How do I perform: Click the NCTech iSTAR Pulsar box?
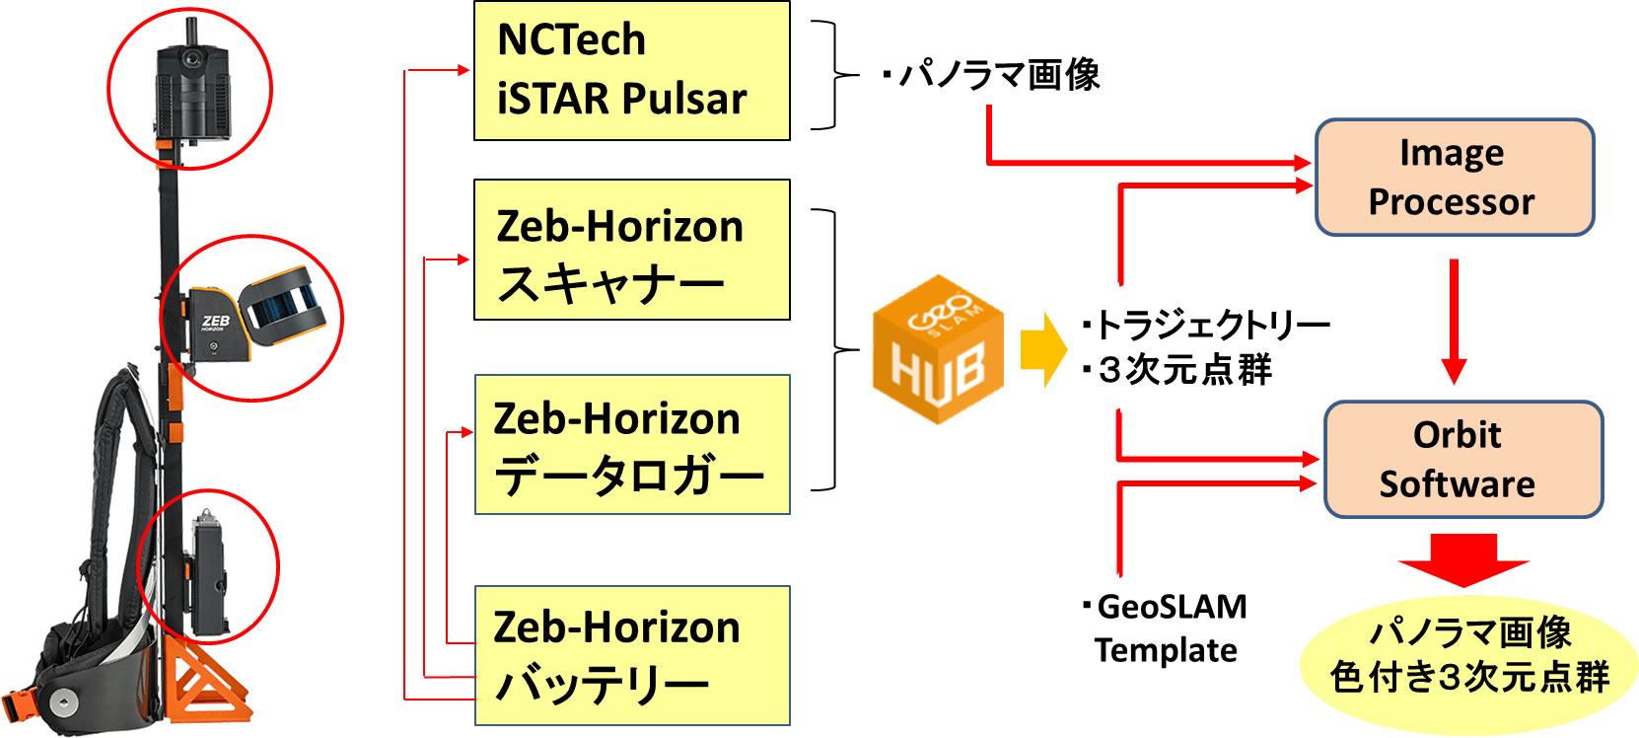coord(631,71)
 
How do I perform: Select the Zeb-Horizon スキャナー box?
coord(631,250)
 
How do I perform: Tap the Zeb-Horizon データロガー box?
coord(631,444)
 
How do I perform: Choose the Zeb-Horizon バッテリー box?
coord(631,656)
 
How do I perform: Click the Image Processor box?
coord(1454,178)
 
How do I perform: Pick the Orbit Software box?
coord(1462,460)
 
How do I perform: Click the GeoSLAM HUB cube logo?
coord(938,350)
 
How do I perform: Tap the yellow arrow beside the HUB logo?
coord(1042,348)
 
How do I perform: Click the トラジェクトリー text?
coord(1212,324)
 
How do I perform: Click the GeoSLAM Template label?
coord(1169,627)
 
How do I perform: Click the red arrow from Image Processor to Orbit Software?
coord(1454,321)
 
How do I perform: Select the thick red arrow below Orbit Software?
coord(1463,558)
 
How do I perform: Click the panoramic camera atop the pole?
coord(192,89)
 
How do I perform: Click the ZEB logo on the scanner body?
coord(215,322)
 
